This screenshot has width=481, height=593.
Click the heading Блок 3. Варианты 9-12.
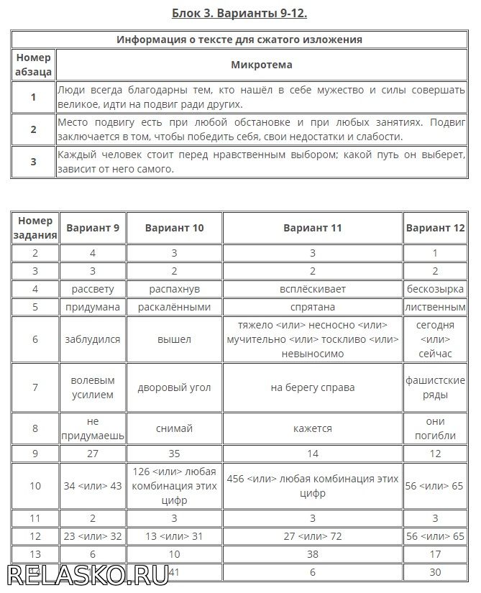240,13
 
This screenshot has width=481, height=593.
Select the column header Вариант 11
312,228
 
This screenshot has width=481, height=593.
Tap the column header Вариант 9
93,228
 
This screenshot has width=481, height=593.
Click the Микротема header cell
262,65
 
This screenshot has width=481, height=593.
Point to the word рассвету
93,288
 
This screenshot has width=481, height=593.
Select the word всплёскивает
312,288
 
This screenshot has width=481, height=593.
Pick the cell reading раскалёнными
174,307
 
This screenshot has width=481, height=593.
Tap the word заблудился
93,339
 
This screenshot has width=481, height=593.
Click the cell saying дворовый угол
174,387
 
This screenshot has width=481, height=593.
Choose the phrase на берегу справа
312,387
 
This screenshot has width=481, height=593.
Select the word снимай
174,428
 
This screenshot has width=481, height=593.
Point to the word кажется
312,428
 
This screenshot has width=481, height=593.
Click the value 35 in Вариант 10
174,454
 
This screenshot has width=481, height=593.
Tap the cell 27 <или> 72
312,535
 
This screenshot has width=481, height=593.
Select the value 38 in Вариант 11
312,553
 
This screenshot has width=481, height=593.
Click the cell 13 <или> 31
174,535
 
